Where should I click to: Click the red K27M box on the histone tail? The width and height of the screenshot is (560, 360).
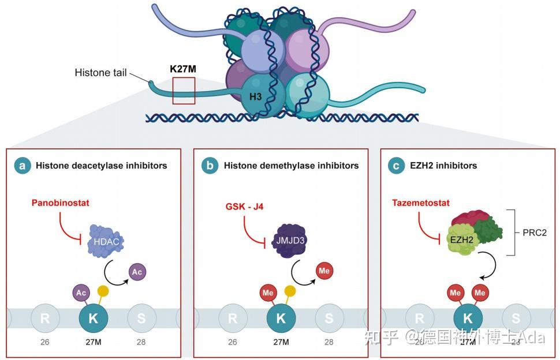click(x=184, y=91)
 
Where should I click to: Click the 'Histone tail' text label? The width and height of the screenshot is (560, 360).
click(x=100, y=73)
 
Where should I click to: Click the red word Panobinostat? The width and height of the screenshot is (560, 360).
click(x=60, y=203)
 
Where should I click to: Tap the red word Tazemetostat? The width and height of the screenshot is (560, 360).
click(x=421, y=203)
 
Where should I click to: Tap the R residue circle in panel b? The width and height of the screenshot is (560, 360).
click(x=232, y=318)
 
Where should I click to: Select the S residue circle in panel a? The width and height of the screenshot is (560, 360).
click(x=142, y=318)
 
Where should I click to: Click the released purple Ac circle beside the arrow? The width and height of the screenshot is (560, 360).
click(x=136, y=271)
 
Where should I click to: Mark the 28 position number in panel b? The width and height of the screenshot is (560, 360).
click(x=328, y=342)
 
